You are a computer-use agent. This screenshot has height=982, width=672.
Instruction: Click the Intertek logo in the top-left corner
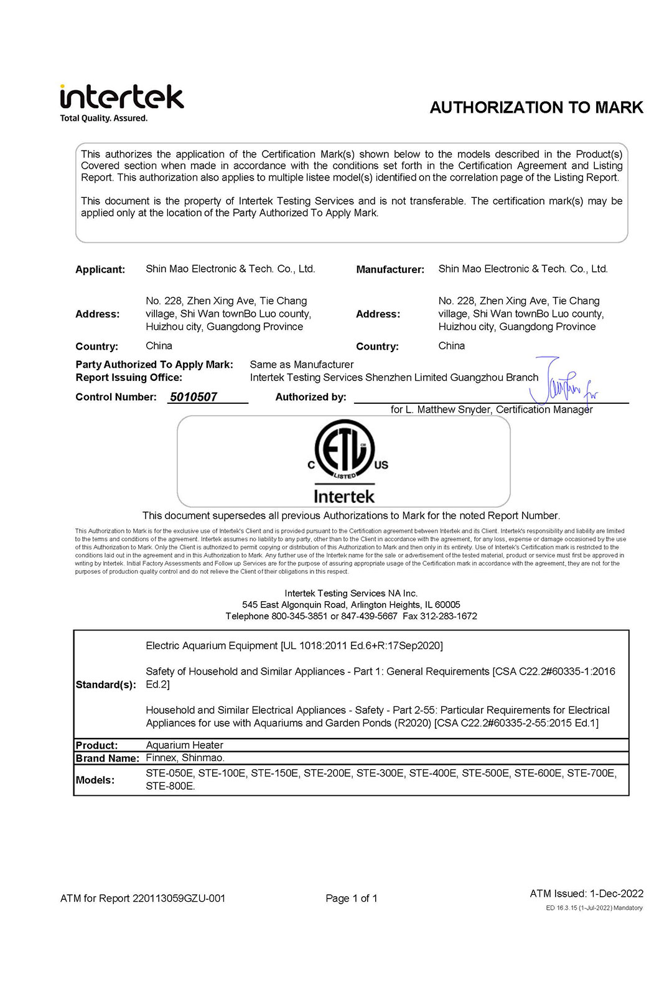point(121,103)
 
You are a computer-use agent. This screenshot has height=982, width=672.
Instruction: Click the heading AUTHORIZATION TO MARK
point(536,108)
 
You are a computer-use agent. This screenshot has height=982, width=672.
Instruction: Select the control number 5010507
point(194,397)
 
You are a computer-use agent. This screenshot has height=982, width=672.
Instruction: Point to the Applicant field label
point(100,269)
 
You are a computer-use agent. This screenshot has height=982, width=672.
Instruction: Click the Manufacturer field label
point(390,269)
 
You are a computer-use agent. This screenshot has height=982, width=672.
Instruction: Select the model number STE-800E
point(170,786)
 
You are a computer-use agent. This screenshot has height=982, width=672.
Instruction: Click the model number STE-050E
point(169,773)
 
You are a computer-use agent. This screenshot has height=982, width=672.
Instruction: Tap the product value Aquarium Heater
point(184,745)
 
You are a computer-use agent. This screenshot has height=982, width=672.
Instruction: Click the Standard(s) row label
point(106,685)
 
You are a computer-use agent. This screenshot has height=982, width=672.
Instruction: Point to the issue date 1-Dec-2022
point(617,894)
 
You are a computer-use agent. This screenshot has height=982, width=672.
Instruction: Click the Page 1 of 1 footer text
point(352,898)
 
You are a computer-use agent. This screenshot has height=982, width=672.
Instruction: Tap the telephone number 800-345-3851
point(299,616)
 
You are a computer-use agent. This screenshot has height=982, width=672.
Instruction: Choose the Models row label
point(95,780)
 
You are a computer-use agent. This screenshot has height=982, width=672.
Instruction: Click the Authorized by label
point(310,397)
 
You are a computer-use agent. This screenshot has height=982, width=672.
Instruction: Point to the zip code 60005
point(447,605)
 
